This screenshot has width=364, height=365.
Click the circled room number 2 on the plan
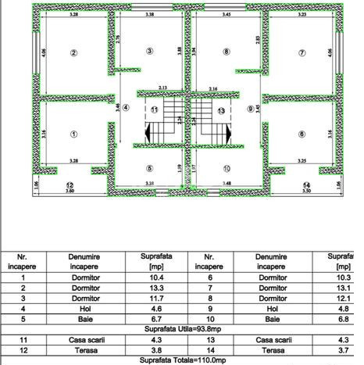coord(73,53)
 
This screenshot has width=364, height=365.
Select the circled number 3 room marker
coord(149,52)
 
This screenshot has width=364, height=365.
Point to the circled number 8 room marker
coord(227,52)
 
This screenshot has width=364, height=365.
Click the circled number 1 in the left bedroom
coord(73,133)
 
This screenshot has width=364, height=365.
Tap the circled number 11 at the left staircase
coord(155,109)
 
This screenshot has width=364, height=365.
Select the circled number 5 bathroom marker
coord(149,168)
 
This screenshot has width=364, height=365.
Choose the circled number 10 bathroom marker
coord(227,168)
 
